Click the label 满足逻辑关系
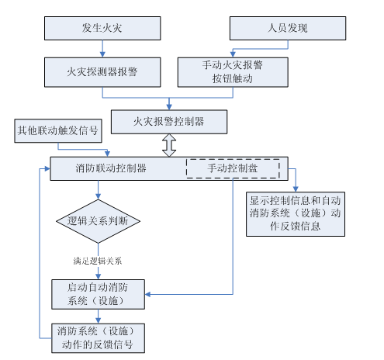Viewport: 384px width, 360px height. coord(98,261)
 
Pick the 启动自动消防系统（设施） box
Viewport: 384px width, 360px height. coord(98,293)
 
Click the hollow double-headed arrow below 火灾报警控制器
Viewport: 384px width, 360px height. coord(169,145)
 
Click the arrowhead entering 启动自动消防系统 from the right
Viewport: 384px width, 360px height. coord(150,294)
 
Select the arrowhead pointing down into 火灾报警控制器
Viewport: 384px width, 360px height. coord(169,106)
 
